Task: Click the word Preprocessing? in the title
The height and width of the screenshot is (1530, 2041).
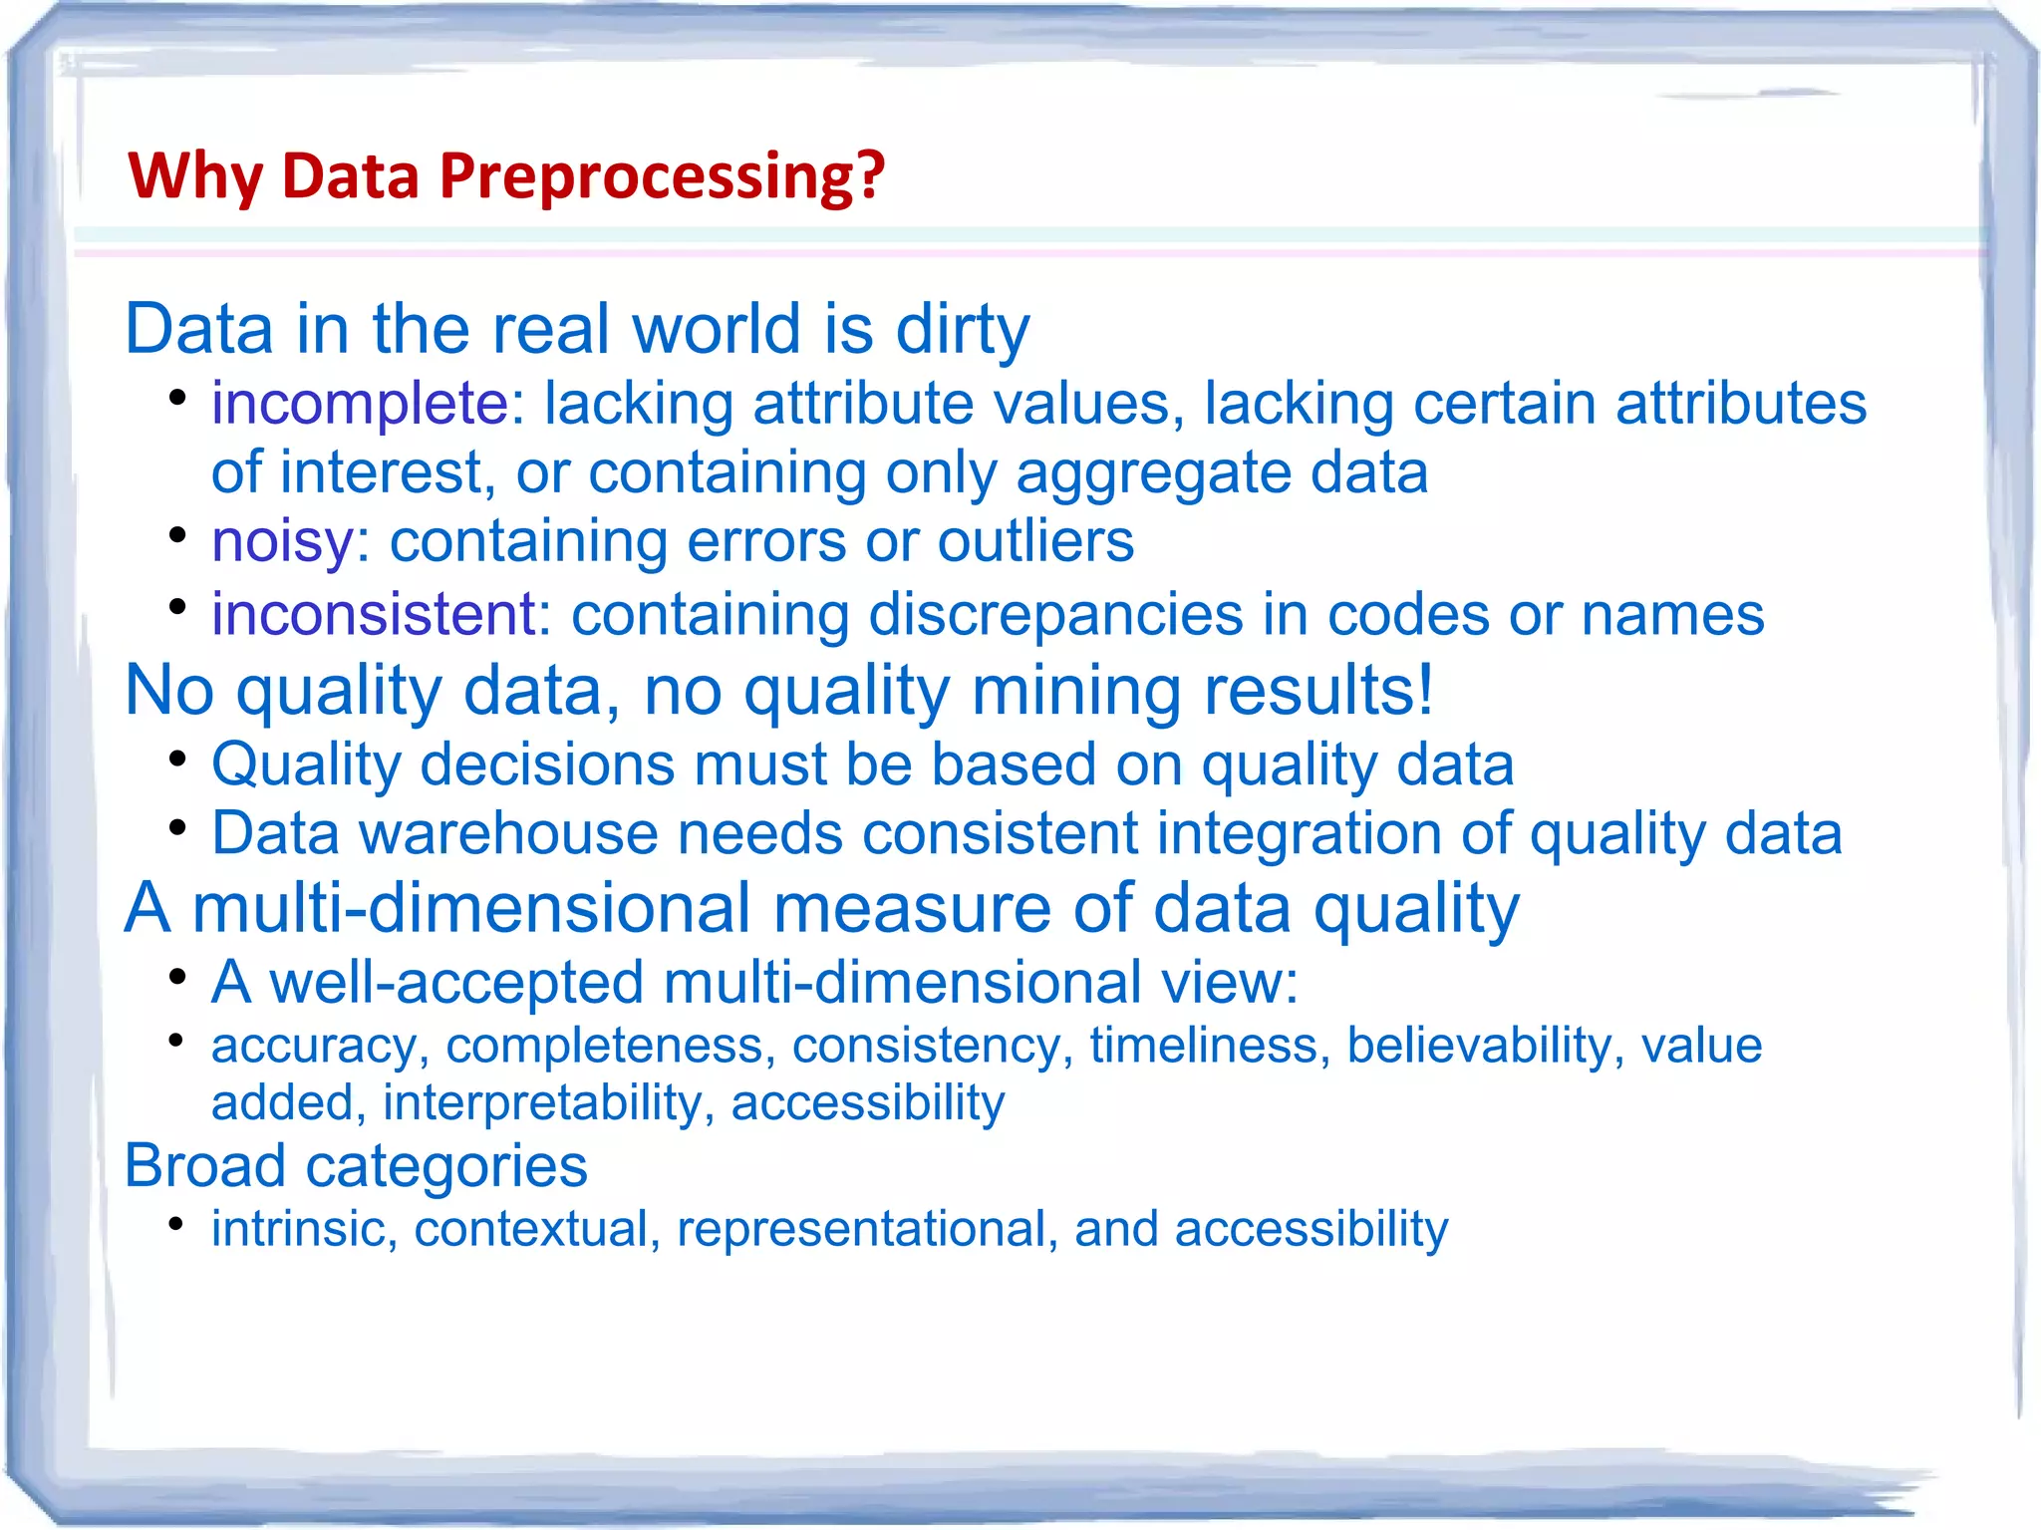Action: tap(662, 176)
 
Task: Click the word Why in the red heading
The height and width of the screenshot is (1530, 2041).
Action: tap(195, 176)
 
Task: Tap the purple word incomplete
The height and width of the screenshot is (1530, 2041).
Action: tap(360, 404)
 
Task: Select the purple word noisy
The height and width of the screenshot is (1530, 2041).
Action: tap(282, 541)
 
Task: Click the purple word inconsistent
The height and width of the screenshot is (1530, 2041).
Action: tap(374, 614)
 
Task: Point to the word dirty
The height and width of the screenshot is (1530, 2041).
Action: tap(962, 329)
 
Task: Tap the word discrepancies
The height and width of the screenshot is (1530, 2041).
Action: tap(1055, 614)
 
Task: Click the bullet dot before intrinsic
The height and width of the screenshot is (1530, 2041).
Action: tap(176, 1223)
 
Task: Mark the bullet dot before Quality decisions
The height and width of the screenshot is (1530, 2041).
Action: tap(177, 760)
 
